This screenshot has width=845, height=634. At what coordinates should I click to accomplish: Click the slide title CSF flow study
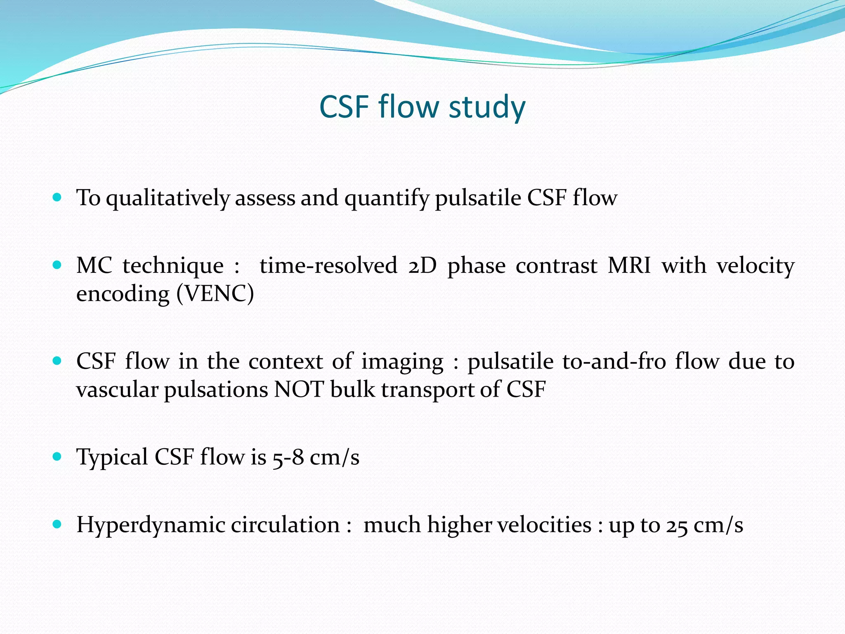[422, 107]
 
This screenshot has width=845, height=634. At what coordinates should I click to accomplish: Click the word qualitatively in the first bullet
[168, 198]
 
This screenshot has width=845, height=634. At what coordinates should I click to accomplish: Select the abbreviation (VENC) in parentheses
[215, 294]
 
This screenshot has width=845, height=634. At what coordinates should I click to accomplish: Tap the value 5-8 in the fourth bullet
[288, 457]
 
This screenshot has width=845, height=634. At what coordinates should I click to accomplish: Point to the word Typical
[112, 457]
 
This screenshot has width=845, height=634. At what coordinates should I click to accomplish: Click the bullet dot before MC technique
[57, 265]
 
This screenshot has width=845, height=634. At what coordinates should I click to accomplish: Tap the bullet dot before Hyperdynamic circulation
[57, 524]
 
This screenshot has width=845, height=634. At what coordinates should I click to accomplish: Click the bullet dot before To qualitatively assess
[57, 197]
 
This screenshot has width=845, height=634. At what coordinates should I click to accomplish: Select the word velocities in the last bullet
[544, 525]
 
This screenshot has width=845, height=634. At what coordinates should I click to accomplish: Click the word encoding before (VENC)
[123, 294]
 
